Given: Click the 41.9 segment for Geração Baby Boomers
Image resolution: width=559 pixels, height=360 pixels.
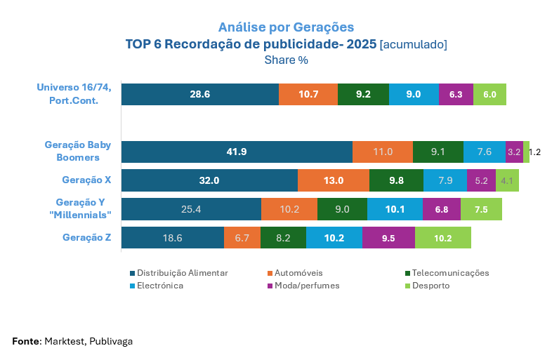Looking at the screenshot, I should coord(237,152).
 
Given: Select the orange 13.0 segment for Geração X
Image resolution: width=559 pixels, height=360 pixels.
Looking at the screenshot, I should coord(334,180).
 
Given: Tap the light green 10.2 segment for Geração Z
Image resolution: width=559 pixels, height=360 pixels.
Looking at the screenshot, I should coord(442,238).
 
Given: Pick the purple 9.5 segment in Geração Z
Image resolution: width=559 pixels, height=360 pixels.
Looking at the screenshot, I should coord(388,238).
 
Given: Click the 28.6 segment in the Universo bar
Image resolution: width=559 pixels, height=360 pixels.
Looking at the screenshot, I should coord(199,94).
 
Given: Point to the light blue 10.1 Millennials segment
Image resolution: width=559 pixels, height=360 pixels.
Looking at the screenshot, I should coord(395,209).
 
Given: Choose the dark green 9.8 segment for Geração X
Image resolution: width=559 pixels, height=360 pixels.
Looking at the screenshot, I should coord(396,180).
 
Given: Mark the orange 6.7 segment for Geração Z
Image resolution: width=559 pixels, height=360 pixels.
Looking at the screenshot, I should coord(242,238).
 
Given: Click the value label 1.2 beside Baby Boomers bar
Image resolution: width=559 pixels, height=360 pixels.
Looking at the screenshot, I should coord(534,152).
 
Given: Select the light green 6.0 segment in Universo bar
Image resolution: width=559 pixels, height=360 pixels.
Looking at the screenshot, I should coord(489,94).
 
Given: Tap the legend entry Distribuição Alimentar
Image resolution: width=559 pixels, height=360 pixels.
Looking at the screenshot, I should coord(182,273).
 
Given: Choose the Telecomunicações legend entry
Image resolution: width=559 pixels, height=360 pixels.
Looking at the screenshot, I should coord(450,273).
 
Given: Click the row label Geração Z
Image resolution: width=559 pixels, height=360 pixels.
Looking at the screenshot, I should coord(86,237).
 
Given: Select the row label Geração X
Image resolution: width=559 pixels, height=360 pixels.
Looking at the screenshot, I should coord(86,180).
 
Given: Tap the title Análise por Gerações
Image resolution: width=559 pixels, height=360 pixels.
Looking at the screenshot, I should coord(286,27).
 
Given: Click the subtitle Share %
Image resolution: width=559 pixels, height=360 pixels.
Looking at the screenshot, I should coord(286,60).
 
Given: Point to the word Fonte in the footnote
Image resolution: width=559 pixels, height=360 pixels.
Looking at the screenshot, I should coord(26,341).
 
